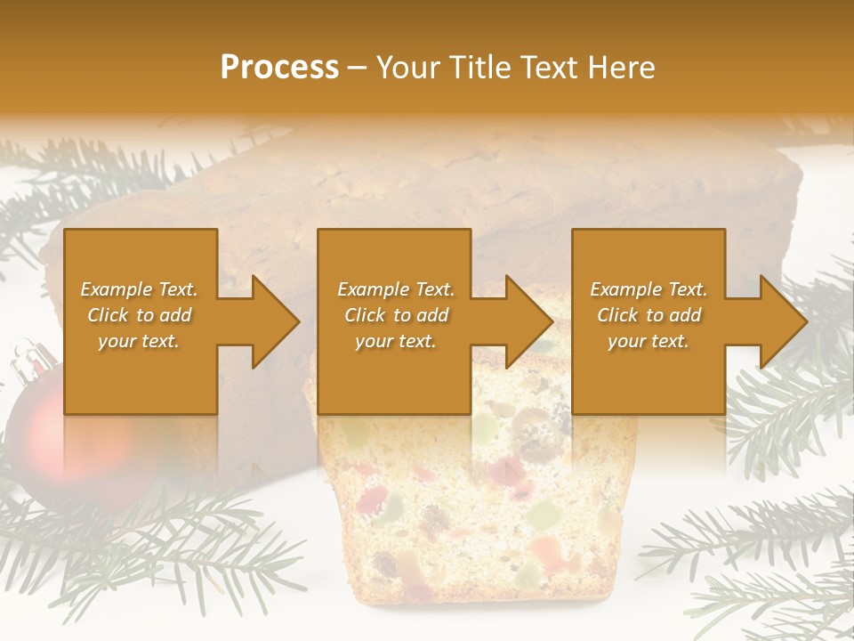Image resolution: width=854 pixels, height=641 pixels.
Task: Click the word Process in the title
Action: pos(279,68)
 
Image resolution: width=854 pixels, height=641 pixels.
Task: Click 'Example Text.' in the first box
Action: pos(139,289)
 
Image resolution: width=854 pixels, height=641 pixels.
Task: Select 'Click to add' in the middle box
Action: pos(396,315)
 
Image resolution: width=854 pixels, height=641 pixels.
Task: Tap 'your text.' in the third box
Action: pos(649,341)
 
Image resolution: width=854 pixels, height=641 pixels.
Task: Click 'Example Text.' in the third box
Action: pos(649,289)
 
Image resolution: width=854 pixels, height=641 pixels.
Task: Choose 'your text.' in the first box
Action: pos(139,341)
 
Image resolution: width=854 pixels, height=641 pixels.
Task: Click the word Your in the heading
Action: pos(408,68)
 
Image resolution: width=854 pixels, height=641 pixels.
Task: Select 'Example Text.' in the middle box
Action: pos(396,289)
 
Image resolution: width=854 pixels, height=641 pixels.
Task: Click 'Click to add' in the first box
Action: pos(139,315)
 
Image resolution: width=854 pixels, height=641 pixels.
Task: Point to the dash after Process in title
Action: pos(357,69)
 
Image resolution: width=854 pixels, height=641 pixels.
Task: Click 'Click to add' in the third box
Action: pos(649,315)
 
